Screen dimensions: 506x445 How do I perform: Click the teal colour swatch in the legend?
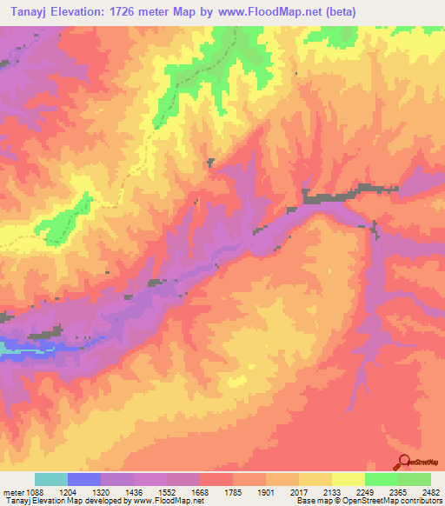pos(51,479)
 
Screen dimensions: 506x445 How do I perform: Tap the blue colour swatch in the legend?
pos(84,479)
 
